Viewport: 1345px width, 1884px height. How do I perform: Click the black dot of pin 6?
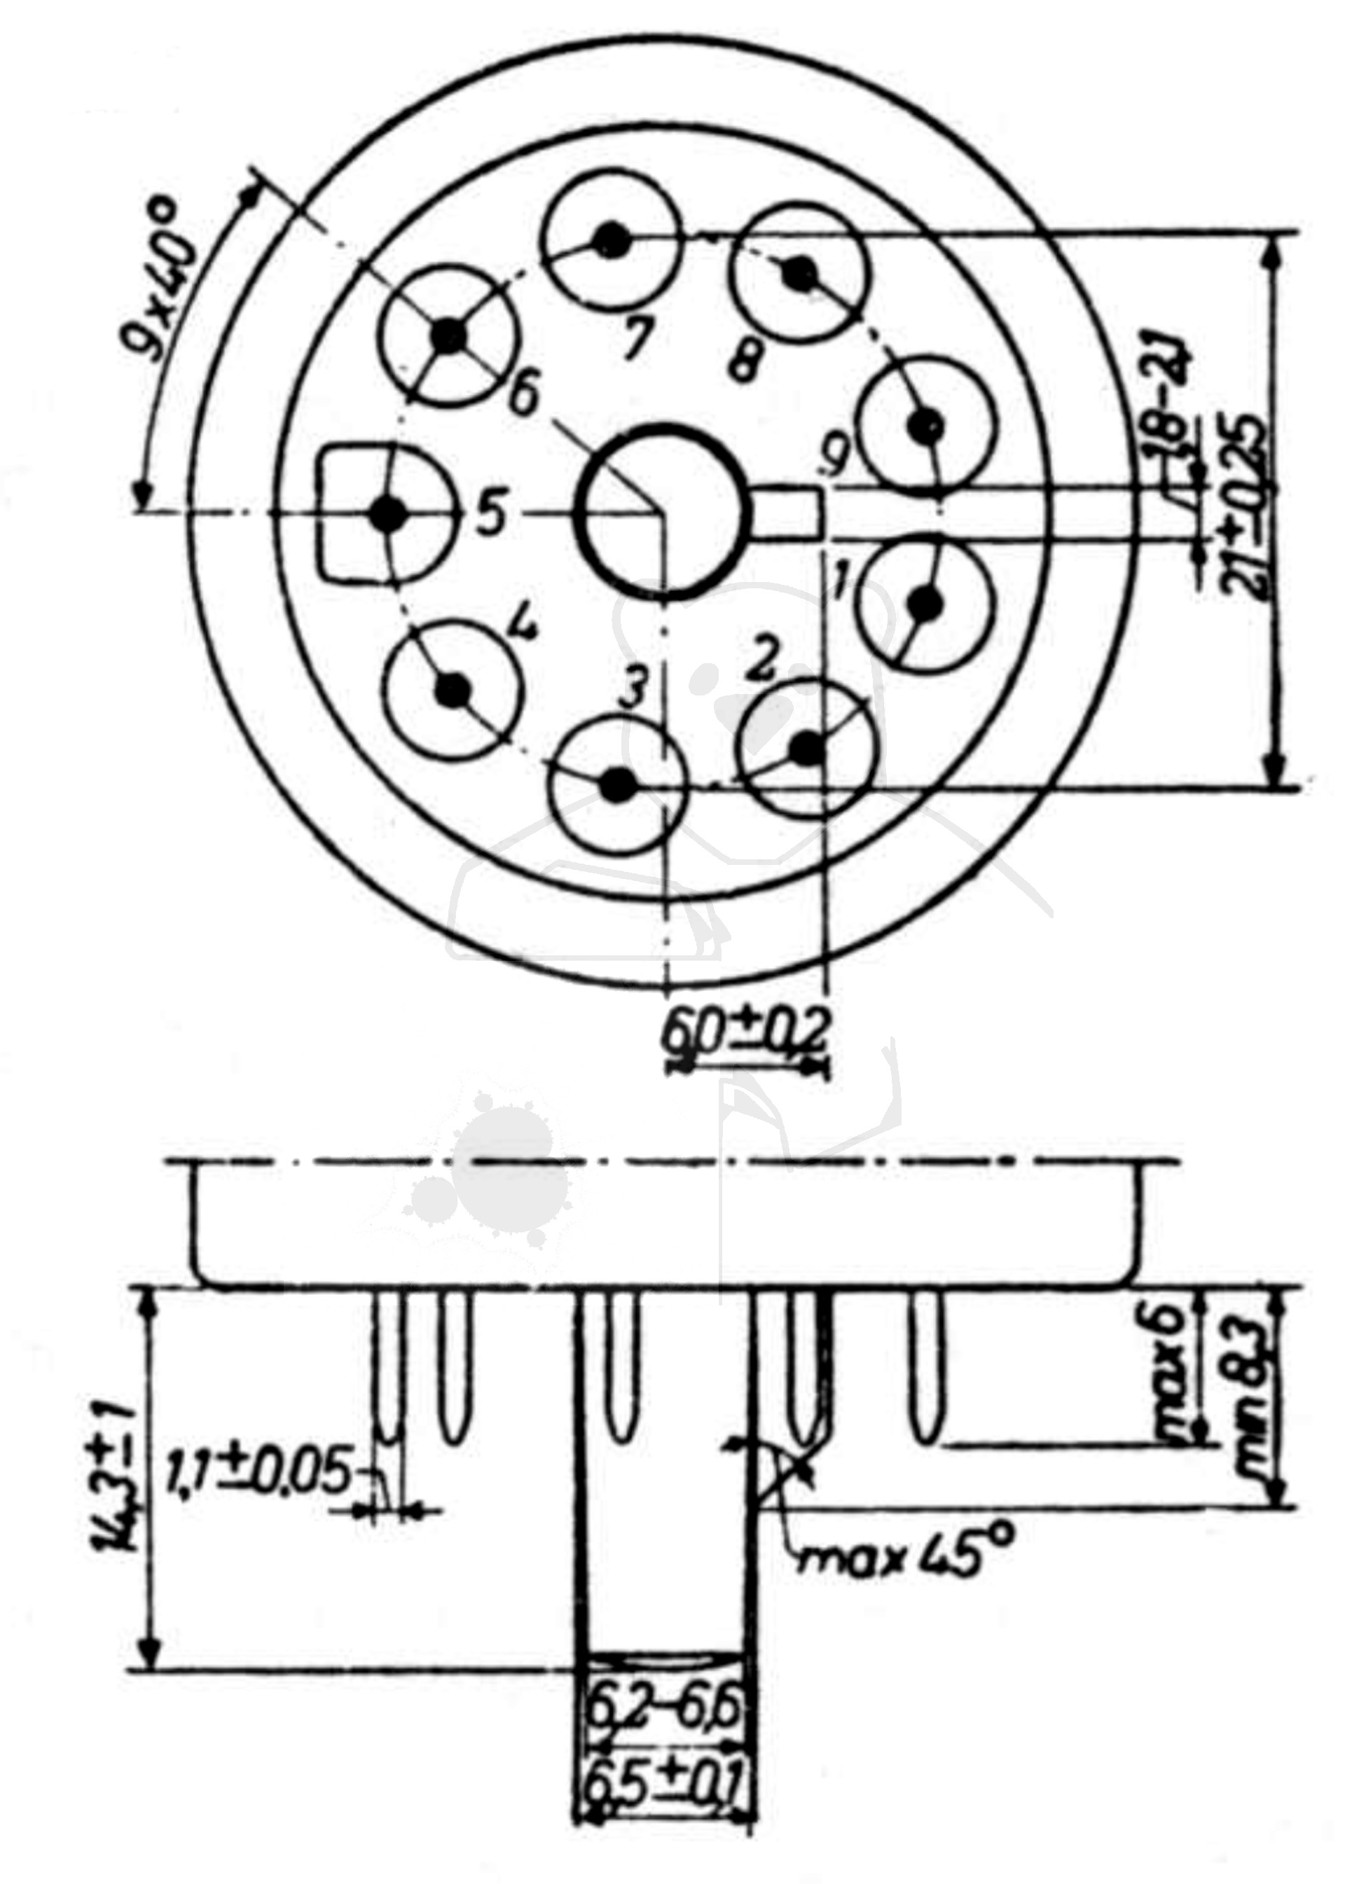450,335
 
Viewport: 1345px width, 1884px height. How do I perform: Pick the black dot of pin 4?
453,687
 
